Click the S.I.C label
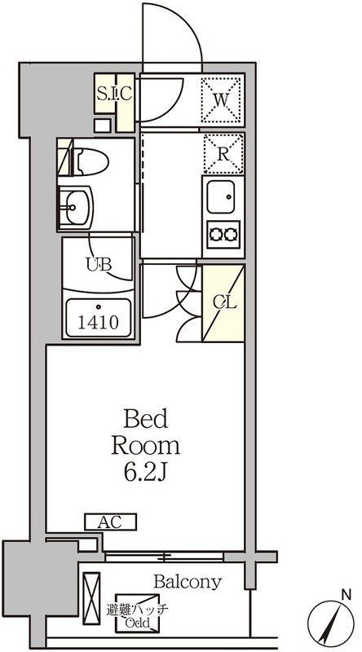pos(114,94)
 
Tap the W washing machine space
pos(222,99)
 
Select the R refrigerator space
pos(223,154)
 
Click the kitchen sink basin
pos(221,197)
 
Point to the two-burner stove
pos(223,235)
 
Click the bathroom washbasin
pos(75,207)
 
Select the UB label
pos(99,264)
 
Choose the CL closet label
pos(225,302)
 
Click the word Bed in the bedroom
pos(146,419)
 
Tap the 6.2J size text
pos(145,473)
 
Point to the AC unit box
pos(111,522)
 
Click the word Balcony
pos(188,583)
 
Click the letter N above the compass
pos(345,595)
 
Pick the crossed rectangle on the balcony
pos(91,598)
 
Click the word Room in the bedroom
pos(145,446)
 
